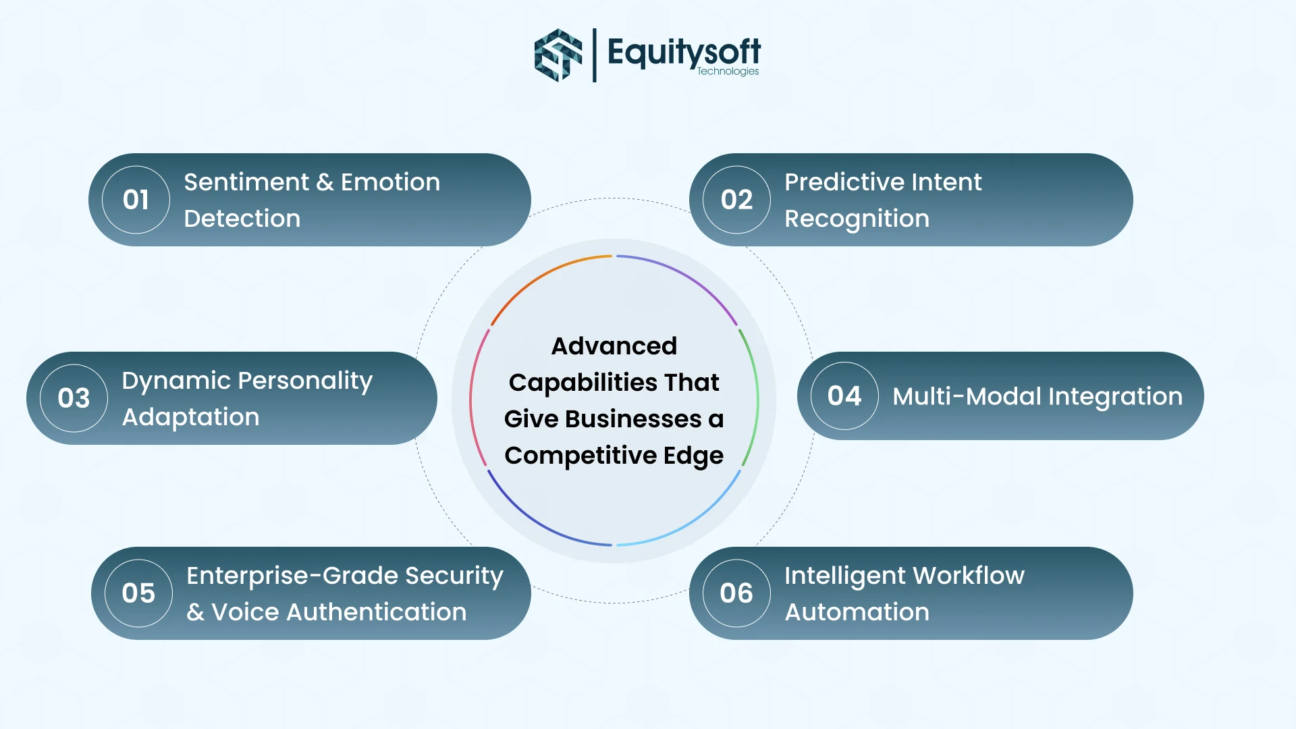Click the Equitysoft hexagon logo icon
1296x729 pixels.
pyautogui.click(x=558, y=55)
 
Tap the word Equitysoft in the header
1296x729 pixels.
pyautogui.click(x=684, y=52)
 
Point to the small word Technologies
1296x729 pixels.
pyautogui.click(x=728, y=71)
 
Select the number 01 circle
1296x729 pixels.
pyautogui.click(x=136, y=200)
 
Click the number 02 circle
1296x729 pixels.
pyautogui.click(x=736, y=200)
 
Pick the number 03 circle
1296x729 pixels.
pyautogui.click(x=74, y=398)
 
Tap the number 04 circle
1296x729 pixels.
pyautogui.click(x=844, y=396)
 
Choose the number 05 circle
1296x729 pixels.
pyautogui.click(x=138, y=593)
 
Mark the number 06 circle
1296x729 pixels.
pyautogui.click(x=736, y=593)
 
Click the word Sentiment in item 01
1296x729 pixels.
pyautogui.click(x=246, y=182)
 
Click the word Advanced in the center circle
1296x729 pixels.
pyautogui.click(x=614, y=346)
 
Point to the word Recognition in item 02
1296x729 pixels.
pyautogui.click(x=857, y=219)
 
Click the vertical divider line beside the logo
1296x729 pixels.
pyautogui.click(x=595, y=55)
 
